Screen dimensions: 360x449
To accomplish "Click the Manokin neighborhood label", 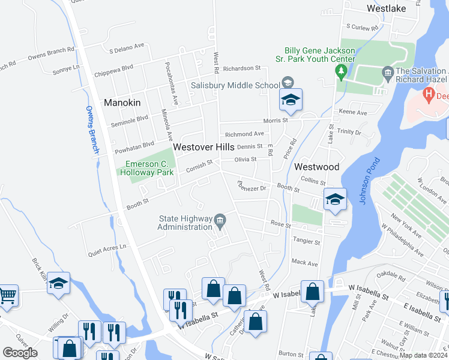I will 122,103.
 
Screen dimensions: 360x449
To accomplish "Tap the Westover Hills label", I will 203,146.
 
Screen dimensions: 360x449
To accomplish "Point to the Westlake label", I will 386,8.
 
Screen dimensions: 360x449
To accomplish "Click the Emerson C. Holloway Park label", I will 146,168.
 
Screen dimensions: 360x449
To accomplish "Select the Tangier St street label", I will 306,241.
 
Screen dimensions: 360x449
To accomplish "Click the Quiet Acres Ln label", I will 107,247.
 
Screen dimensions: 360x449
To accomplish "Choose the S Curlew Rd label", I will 363,28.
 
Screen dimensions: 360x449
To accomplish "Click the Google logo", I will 20,353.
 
